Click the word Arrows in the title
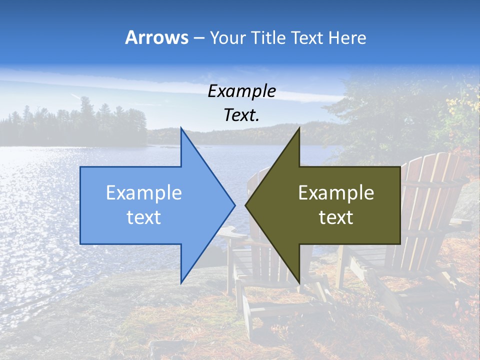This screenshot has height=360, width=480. click(x=156, y=37)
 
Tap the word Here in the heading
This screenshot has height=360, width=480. click(x=347, y=37)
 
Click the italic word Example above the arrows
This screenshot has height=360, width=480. click(x=241, y=91)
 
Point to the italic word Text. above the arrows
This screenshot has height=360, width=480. click(x=241, y=115)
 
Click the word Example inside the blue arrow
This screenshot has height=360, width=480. click(x=144, y=193)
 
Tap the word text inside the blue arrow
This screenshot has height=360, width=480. click(x=144, y=217)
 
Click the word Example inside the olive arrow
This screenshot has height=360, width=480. click(x=336, y=193)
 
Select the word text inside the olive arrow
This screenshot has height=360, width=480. click(x=336, y=217)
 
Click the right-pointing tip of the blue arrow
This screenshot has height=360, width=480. click(x=234, y=205)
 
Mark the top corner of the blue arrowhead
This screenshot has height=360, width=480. click(x=181, y=129)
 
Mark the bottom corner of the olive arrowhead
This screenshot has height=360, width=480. click(x=299, y=282)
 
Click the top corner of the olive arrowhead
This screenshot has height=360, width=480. click(x=299, y=129)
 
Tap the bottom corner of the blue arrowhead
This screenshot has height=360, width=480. click(x=181, y=282)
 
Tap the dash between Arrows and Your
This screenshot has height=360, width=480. click(x=198, y=38)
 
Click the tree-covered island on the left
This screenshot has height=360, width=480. click(x=75, y=125)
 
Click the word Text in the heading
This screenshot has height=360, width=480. click(x=307, y=37)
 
